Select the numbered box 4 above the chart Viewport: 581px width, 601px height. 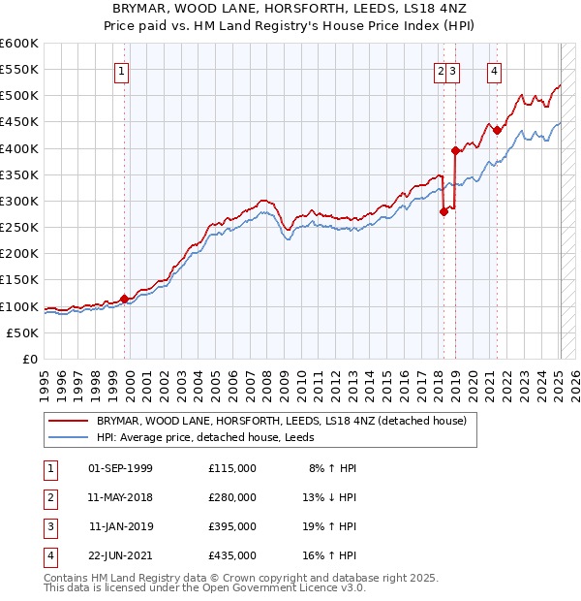pyautogui.click(x=495, y=70)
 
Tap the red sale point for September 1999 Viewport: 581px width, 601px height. pyautogui.click(x=124, y=299)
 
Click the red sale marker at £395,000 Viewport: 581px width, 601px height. pyautogui.click(x=455, y=150)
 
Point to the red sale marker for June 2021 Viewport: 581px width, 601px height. pyautogui.click(x=497, y=130)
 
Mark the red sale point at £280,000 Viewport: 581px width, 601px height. pyautogui.click(x=443, y=211)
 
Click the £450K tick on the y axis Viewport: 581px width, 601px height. pyautogui.click(x=19, y=122)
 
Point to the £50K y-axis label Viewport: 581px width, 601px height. pyautogui.click(x=23, y=332)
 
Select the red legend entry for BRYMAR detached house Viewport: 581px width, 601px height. pyautogui.click(x=281, y=421)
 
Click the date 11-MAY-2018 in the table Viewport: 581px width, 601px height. pyautogui.click(x=120, y=497)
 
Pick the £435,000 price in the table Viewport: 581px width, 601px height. pyautogui.click(x=232, y=555)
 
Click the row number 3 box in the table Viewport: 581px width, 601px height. pyautogui.click(x=47, y=526)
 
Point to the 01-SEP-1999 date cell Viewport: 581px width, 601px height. pyautogui.click(x=120, y=468)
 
